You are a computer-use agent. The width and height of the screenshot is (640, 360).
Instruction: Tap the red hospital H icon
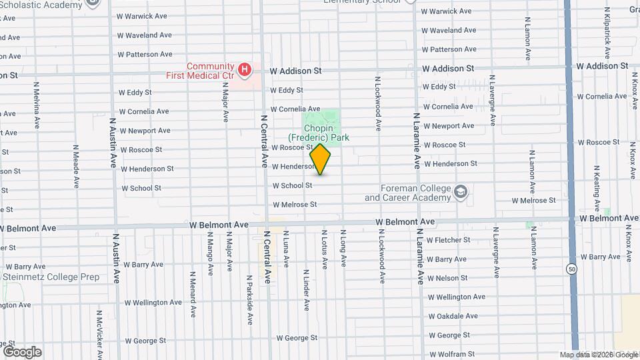245,69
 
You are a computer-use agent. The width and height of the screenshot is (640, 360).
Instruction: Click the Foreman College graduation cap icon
460,193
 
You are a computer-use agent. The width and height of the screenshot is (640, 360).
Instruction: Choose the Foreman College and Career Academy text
407,193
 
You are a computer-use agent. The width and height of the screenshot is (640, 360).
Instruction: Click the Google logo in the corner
22,351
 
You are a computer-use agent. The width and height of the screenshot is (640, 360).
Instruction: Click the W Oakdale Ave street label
453,316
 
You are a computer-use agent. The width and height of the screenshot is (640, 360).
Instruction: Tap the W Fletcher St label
448,240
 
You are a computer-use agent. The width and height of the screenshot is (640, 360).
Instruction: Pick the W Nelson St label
447,278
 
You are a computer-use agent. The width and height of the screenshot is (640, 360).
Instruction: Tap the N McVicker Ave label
99,333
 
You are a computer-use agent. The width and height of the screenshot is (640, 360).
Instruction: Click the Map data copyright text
598,355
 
